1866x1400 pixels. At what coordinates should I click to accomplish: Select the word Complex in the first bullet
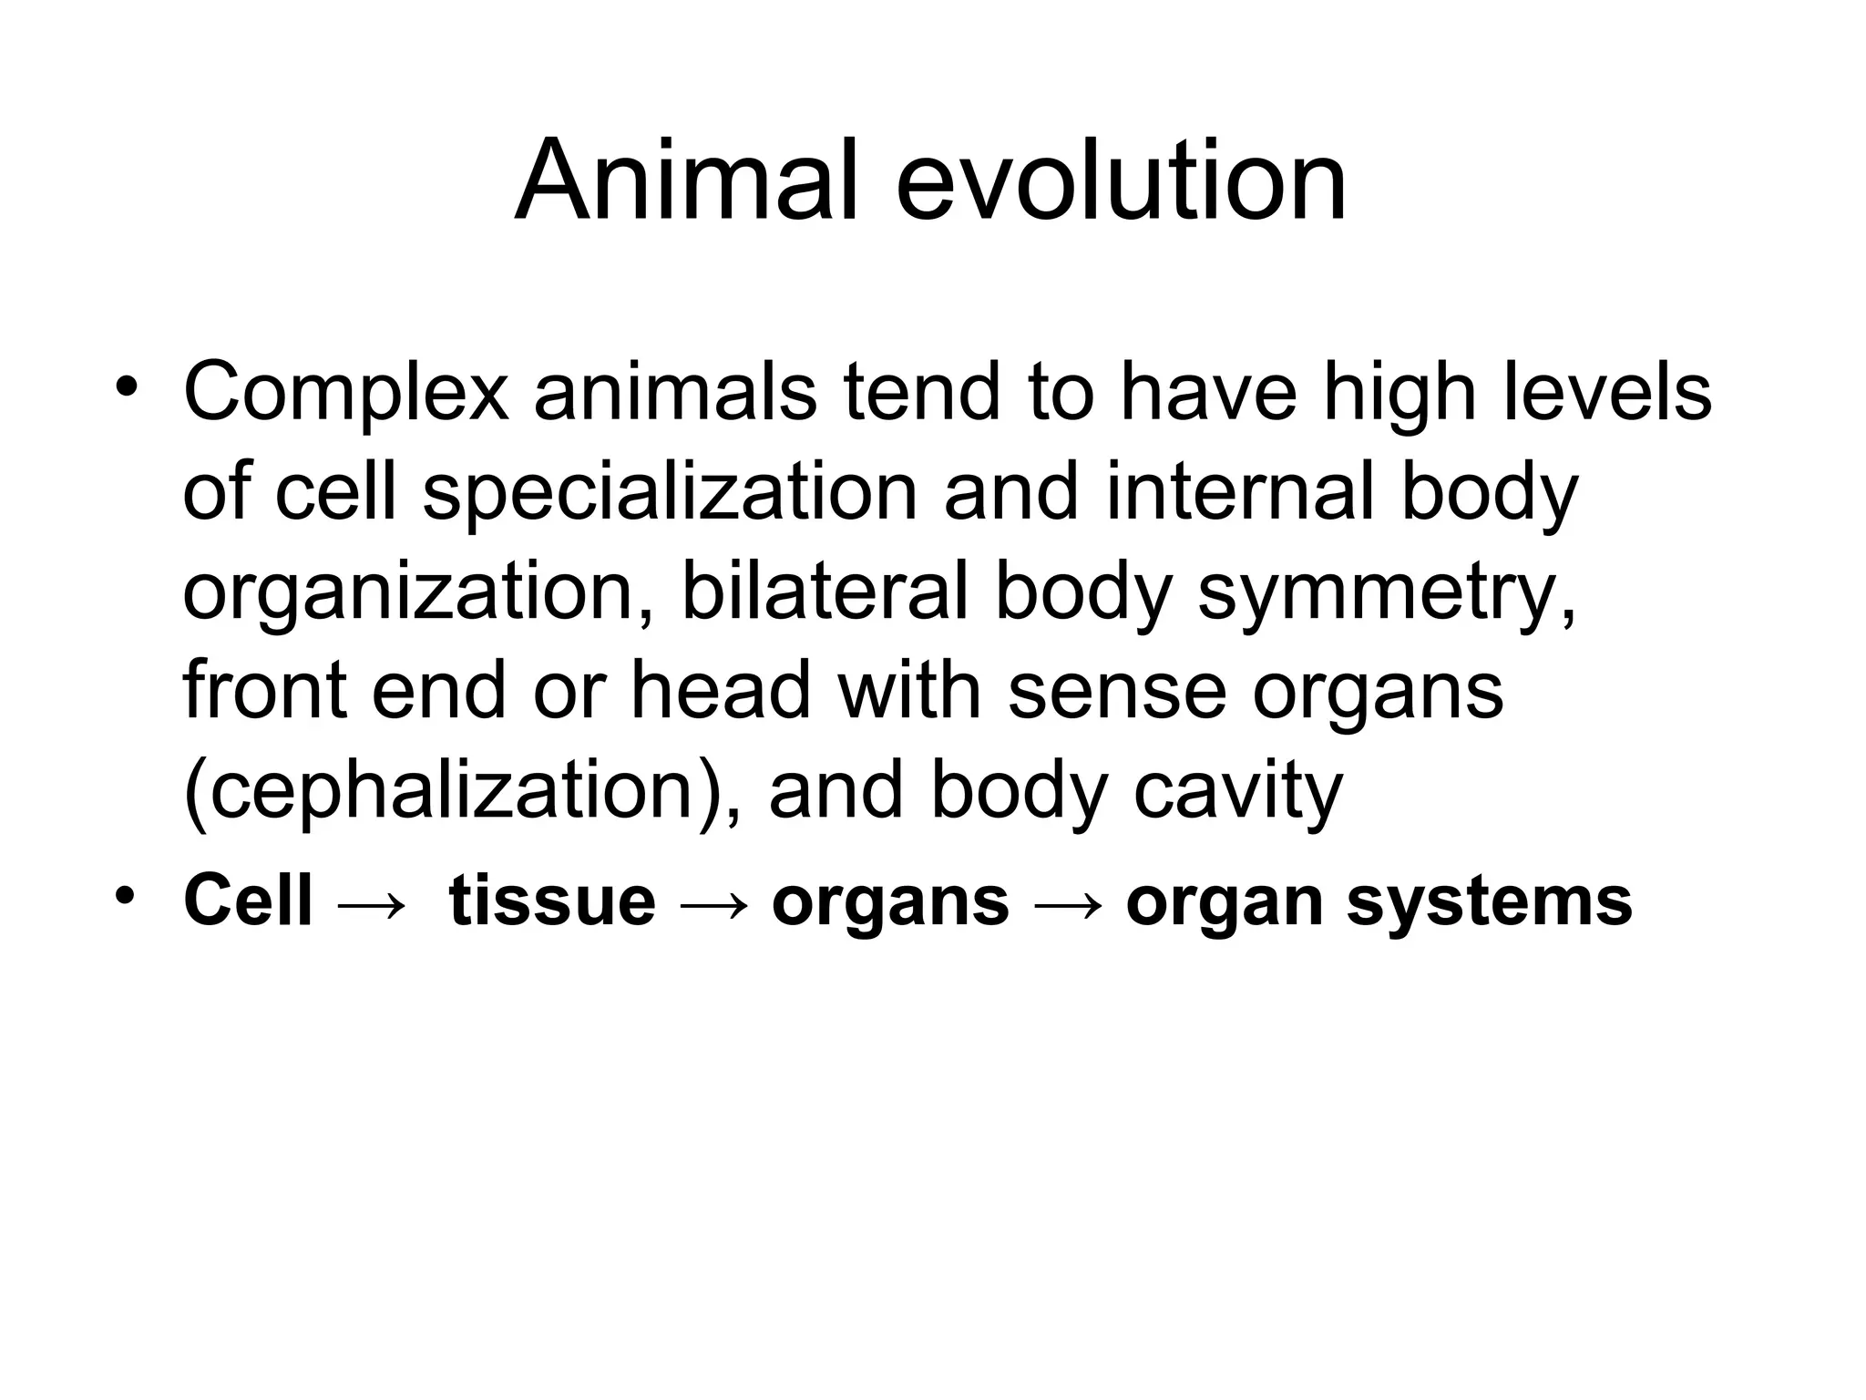[345, 394]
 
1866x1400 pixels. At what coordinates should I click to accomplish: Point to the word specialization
[670, 493]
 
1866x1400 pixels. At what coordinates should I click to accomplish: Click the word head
[721, 691]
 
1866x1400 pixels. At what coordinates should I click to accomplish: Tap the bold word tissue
[552, 901]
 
